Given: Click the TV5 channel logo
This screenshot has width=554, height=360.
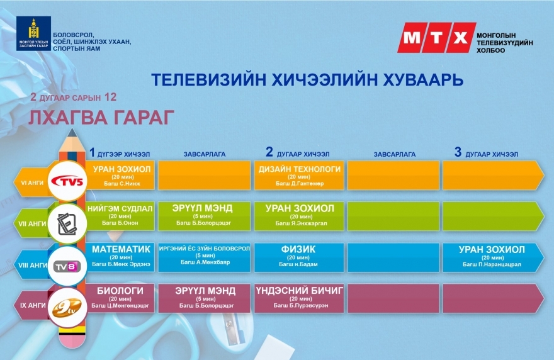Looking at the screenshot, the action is click(67, 181).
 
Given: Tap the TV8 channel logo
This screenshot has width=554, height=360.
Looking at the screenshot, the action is click(67, 266).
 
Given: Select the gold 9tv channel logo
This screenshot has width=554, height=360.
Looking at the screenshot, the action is click(67, 307).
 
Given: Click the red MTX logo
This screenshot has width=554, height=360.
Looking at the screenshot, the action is click(437, 38).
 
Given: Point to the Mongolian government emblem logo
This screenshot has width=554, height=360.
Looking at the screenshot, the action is click(33, 33).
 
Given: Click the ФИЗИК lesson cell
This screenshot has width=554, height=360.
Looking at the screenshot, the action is click(299, 257).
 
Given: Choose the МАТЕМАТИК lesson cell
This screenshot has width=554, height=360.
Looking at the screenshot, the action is click(121, 257).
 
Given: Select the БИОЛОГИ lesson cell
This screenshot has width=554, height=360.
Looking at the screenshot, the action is click(120, 298).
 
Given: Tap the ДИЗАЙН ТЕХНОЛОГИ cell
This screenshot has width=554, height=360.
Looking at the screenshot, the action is click(299, 175).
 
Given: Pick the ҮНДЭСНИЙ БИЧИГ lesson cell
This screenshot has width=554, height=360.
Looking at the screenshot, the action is click(299, 298).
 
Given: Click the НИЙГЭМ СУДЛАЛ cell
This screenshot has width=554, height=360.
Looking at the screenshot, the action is click(120, 217).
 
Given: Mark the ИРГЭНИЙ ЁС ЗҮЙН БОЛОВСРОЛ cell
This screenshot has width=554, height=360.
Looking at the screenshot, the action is click(204, 257).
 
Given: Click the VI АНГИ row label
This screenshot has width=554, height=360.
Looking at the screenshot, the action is click(32, 183).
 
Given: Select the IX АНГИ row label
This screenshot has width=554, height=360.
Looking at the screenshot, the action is click(33, 305).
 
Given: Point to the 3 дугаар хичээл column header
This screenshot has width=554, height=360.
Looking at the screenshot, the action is click(486, 153).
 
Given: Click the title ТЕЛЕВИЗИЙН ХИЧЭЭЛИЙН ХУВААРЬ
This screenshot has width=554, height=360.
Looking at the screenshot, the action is click(307, 80).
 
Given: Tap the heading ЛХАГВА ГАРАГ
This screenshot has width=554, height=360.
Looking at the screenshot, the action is click(101, 118).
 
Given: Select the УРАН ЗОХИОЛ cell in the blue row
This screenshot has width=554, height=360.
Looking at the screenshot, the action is click(492, 257).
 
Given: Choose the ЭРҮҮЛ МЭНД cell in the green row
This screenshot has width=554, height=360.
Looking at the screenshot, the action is click(204, 217).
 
